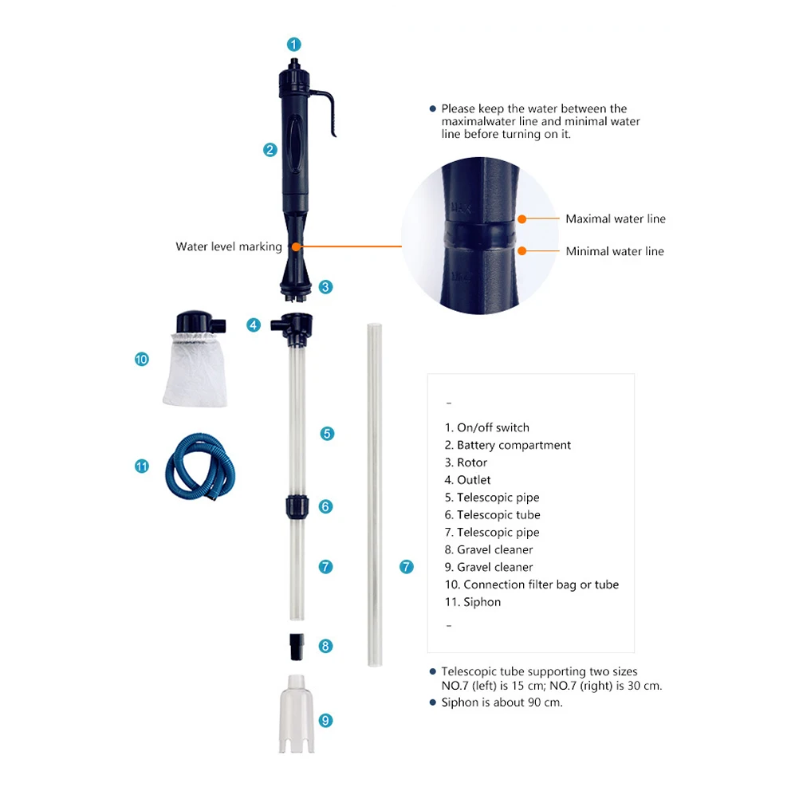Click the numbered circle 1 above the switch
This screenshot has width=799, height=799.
tap(294, 45)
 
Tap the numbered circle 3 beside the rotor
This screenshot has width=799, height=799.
tap(325, 287)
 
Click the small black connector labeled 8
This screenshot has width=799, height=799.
tap(296, 645)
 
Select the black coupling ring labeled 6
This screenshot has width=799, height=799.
tap(296, 506)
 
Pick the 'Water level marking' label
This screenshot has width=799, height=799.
tap(229, 247)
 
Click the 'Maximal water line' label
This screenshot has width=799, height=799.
tap(615, 218)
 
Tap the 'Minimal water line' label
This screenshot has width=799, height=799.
tap(614, 251)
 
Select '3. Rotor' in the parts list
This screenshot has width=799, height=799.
tap(466, 462)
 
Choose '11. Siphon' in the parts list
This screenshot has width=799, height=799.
tap(473, 602)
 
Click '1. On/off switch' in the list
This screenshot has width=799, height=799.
tap(486, 427)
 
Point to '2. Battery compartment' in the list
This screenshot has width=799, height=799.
tap(508, 445)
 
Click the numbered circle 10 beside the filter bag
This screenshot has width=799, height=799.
tap(142, 360)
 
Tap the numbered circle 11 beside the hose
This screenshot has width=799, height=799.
tap(142, 466)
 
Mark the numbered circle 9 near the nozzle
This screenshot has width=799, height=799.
tap(325, 720)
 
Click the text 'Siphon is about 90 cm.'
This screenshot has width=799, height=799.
tap(502, 703)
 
